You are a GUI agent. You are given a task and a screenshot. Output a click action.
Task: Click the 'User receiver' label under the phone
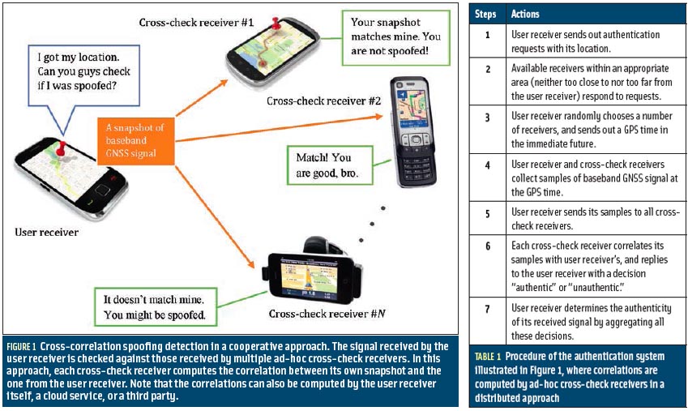(46, 233)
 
